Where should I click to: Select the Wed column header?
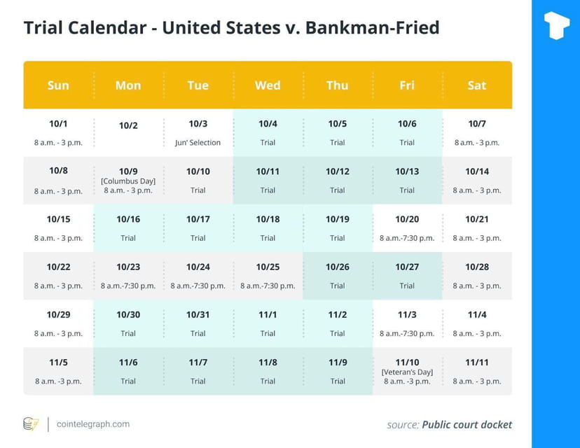point(268,85)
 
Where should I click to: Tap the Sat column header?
point(477,85)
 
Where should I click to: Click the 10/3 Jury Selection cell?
point(198,133)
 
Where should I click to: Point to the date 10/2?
point(128,126)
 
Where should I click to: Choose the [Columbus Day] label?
point(128,181)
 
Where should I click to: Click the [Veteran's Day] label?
point(407,372)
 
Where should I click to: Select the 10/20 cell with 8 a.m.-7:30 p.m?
point(407,228)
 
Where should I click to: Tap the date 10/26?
point(337,267)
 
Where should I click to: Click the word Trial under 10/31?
point(198,333)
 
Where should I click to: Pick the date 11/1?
point(268,314)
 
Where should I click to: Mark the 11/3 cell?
point(407,323)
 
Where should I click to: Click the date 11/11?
point(477,362)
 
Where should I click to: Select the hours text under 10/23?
point(128,286)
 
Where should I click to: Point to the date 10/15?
point(58,219)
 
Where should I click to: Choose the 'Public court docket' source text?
point(467,425)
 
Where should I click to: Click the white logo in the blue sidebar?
point(556,25)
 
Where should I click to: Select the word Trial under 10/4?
point(268,142)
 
